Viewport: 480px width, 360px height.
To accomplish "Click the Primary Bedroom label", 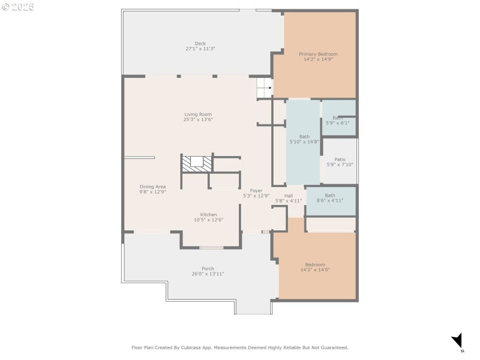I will (318, 54).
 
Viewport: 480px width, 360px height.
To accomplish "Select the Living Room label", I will (198, 114).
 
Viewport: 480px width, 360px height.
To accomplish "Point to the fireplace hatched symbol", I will (197, 163).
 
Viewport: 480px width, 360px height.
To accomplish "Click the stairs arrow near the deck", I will (265, 88).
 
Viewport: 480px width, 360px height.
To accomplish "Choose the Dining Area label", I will (152, 187).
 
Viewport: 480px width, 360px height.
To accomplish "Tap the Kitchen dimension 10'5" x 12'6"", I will (208, 220).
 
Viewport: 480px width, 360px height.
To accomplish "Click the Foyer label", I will (256, 190).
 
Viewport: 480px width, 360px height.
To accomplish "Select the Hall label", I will (289, 196).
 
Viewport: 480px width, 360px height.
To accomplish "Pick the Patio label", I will (340, 159).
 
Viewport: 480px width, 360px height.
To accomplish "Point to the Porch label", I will (208, 268).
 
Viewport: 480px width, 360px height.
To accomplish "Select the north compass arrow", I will (457, 340).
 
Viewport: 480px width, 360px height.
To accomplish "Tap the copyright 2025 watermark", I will (18, 7).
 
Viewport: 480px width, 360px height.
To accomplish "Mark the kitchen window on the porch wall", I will (211, 248).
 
